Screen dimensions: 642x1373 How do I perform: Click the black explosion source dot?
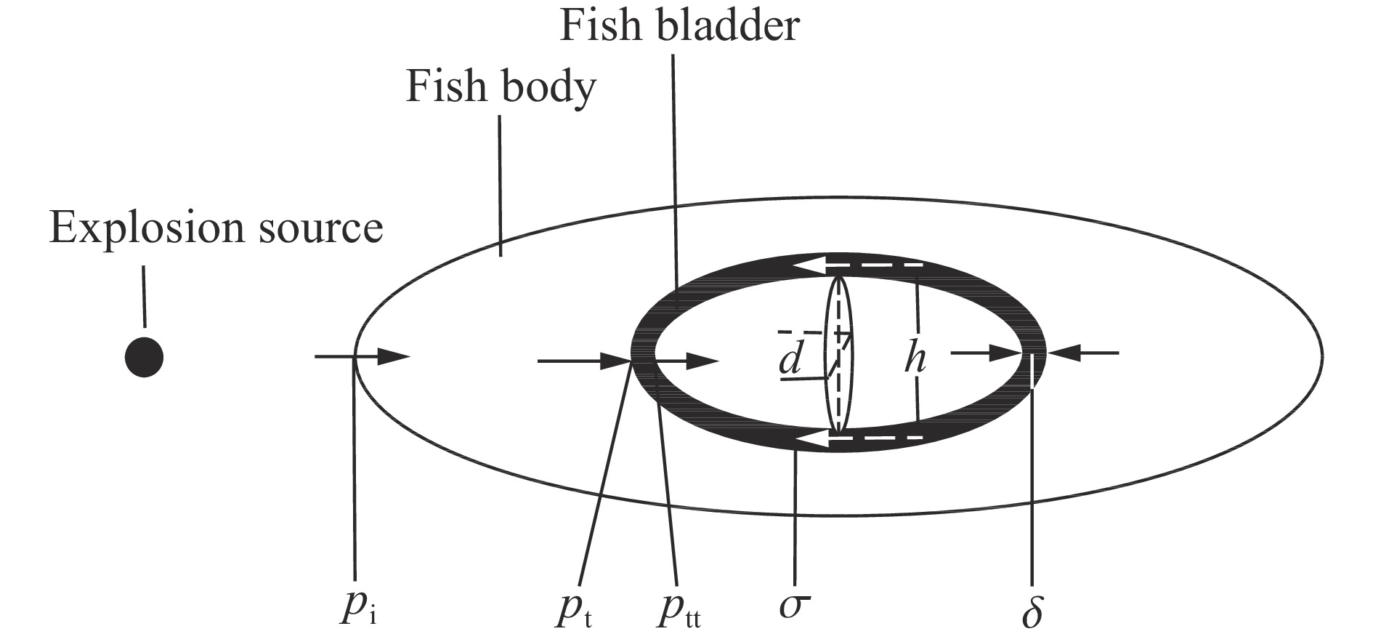144,358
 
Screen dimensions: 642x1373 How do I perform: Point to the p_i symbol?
357,608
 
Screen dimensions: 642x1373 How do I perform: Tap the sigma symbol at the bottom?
793,604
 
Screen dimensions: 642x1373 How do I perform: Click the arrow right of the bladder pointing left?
1082,353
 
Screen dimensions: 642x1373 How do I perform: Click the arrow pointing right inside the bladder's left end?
686,361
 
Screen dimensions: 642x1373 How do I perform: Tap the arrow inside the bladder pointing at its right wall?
988,353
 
